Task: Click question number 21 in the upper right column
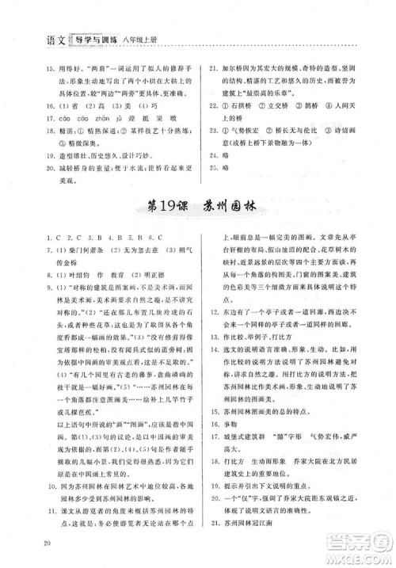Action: pyautogui.click(x=213, y=68)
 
